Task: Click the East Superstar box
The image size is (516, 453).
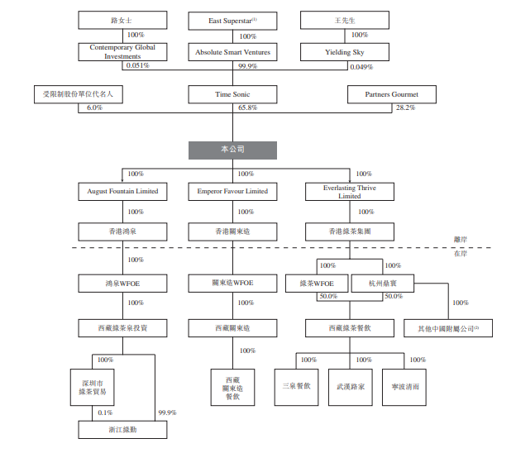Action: tap(234, 18)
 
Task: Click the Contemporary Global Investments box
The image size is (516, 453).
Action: tap(122, 52)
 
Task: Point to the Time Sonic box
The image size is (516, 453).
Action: tap(234, 94)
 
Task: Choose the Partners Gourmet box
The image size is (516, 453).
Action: tap(391, 94)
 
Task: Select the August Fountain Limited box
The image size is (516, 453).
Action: tap(122, 192)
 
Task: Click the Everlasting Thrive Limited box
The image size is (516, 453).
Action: tap(349, 192)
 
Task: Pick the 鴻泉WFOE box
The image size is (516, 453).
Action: tap(122, 283)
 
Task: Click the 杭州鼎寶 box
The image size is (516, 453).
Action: tap(382, 283)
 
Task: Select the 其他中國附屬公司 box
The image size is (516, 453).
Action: tap(448, 328)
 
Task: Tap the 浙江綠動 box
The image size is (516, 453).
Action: tap(122, 429)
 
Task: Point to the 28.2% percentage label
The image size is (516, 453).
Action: tap(406, 108)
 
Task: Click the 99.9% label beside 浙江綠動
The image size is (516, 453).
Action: tap(166, 412)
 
